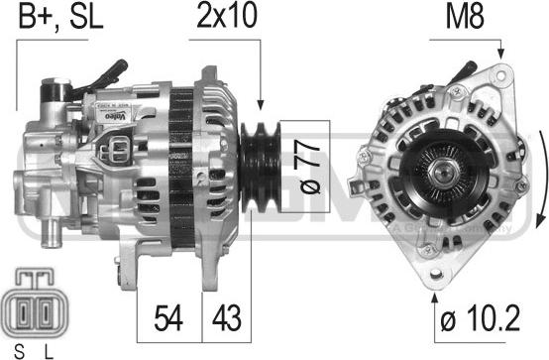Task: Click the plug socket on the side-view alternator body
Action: pos(117,149)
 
